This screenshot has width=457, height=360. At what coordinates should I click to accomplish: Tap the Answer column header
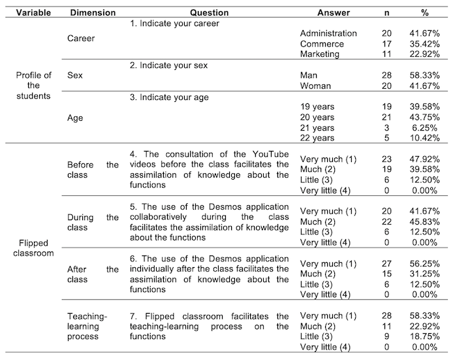334,12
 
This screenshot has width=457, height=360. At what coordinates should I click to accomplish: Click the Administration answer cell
328,33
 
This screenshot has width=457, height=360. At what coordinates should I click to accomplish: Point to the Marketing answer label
320,54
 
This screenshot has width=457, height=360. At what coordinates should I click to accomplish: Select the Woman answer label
315,86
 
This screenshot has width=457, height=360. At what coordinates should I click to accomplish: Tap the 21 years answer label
317,129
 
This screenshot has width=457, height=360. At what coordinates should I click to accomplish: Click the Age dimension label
76,118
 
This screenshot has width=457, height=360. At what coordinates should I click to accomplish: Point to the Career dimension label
81,38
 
